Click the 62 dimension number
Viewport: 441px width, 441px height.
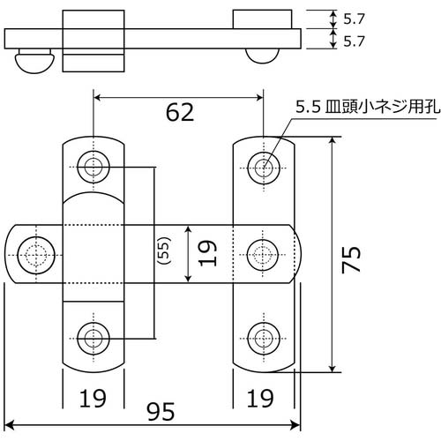[x=178, y=113]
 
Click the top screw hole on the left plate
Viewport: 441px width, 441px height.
[x=93, y=166]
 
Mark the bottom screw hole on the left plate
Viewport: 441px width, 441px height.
[x=93, y=336]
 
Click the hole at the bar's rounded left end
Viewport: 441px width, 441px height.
[x=35, y=254]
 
